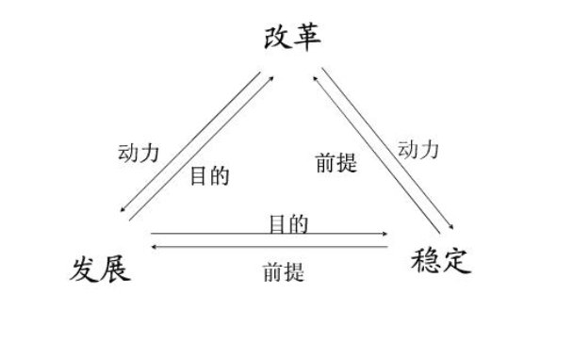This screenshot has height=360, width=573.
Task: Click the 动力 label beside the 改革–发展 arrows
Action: tap(139, 153)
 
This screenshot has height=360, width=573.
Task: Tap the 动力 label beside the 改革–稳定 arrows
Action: tap(418, 150)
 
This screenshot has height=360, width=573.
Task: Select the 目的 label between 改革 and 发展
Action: tap(210, 175)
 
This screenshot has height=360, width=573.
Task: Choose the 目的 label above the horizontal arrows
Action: tap(287, 224)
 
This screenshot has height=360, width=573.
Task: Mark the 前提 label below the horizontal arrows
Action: tap(283, 274)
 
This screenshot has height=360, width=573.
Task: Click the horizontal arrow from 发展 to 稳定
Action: tap(269, 234)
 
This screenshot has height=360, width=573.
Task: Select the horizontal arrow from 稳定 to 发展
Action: tap(269, 247)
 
